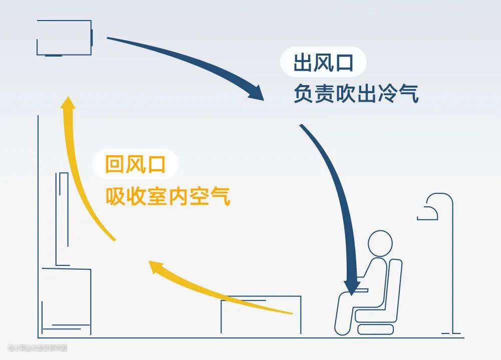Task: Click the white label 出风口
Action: [x=324, y=64]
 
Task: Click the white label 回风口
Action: [x=135, y=164]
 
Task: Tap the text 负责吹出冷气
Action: [x=356, y=94]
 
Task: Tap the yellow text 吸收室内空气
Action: [x=168, y=196]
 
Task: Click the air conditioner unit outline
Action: [x=64, y=38]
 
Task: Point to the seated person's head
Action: [x=380, y=243]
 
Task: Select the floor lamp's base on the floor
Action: [x=451, y=332]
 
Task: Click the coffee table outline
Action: [x=261, y=315]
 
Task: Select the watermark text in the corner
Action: [x=37, y=347]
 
